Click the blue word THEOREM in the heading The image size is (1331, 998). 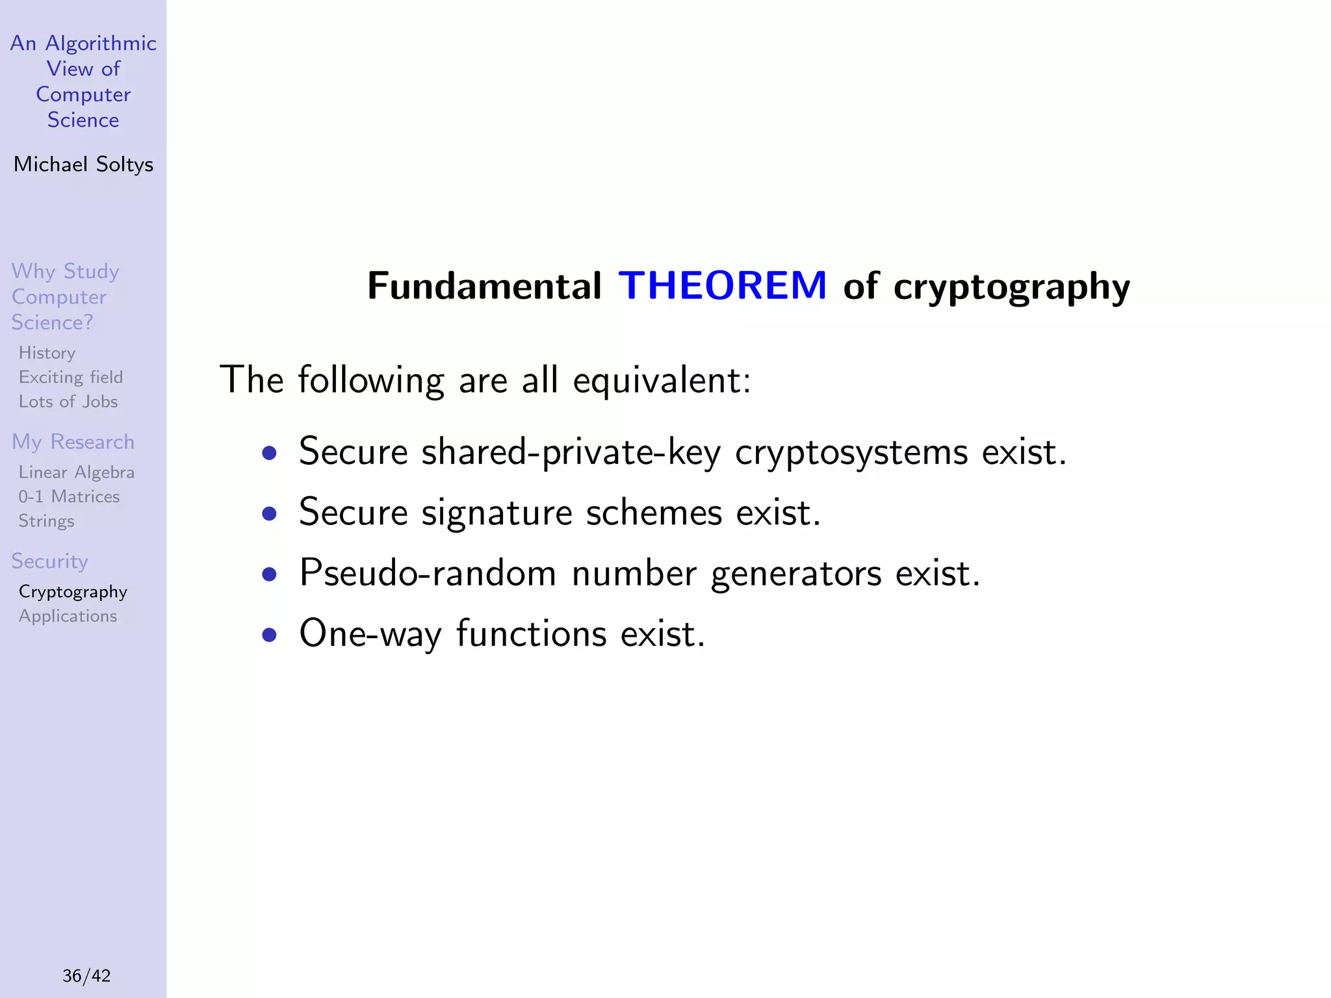coord(722,285)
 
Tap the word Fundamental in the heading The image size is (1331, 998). coord(484,286)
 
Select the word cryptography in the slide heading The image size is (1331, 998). coord(1011,287)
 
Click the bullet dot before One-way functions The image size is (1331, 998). coord(269,634)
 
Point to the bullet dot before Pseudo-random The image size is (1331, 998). coord(269,574)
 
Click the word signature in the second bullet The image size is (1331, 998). coord(497,513)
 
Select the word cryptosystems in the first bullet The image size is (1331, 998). coord(851,452)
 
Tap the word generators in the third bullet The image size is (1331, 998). coord(795,574)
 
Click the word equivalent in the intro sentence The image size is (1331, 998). coord(662,381)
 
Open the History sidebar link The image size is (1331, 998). coord(47,353)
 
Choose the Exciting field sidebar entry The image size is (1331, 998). coord(70,377)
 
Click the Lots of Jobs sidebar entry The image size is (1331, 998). coord(68,402)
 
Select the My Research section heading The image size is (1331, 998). coord(73,442)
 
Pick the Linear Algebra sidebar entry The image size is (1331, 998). coord(76,472)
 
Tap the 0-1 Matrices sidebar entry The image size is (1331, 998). coord(69,497)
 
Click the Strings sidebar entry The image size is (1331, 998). coord(46,521)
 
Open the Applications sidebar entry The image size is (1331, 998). coord(68,616)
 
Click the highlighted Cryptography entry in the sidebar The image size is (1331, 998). coord(73,592)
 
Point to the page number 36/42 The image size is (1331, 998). coord(86,975)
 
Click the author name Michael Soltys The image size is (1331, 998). coord(83,164)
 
